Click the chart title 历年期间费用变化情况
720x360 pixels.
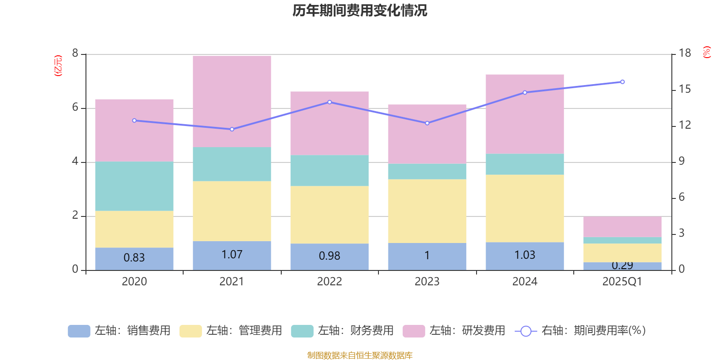[360, 10]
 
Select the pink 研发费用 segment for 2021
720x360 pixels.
[232, 101]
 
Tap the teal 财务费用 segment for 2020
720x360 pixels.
[134, 186]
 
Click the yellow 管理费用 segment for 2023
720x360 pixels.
[427, 211]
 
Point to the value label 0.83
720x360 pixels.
[134, 258]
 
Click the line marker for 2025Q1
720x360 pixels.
[622, 82]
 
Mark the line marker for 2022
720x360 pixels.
[329, 102]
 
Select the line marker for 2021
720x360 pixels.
[232, 129]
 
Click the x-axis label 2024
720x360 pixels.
[525, 282]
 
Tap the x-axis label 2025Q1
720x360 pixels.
[622, 282]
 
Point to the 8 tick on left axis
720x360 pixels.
[75, 54]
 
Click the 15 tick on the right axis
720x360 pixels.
[684, 90]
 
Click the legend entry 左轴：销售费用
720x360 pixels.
[119, 331]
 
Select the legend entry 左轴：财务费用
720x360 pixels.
[342, 331]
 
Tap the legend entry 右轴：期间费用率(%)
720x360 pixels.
[580, 331]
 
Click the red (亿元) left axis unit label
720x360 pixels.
[58, 66]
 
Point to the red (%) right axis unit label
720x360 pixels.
[707, 52]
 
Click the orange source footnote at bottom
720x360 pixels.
[360, 355]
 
